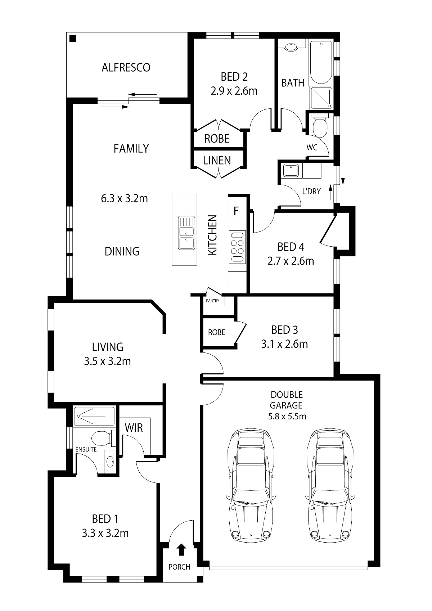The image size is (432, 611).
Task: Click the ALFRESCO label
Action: pyautogui.click(x=126, y=67)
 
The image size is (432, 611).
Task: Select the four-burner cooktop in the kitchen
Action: pyautogui.click(x=237, y=247)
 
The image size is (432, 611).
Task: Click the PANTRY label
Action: pyautogui.click(x=212, y=301)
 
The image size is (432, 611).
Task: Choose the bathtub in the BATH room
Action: pyautogui.click(x=321, y=62)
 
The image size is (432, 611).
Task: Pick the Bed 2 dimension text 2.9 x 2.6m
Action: pyautogui.click(x=234, y=91)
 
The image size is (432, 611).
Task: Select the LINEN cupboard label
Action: pyautogui.click(x=217, y=160)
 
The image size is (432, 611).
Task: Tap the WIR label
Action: pyautogui.click(x=134, y=428)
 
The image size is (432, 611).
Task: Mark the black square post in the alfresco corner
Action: pyautogui.click(x=73, y=39)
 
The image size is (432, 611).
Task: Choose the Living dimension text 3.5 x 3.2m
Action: pyautogui.click(x=107, y=361)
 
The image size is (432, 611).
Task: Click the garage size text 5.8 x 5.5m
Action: pyautogui.click(x=287, y=417)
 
